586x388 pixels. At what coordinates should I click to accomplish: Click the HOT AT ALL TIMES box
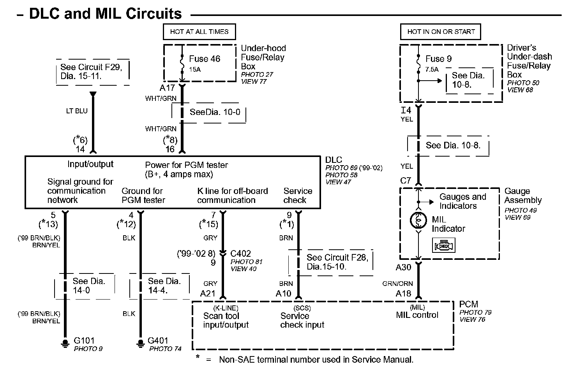[x=199, y=32]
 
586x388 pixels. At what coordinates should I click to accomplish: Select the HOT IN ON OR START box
[x=441, y=32]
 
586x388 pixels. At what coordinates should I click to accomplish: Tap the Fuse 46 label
[x=205, y=59]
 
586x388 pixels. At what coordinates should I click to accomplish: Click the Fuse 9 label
[x=438, y=59]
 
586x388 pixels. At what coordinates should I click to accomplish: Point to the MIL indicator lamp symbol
[x=418, y=220]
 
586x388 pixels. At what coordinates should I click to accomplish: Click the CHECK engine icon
[x=444, y=245]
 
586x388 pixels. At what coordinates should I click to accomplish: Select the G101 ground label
[x=84, y=341]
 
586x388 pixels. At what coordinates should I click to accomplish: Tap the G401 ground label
[x=158, y=341]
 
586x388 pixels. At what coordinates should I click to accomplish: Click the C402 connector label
[x=241, y=254]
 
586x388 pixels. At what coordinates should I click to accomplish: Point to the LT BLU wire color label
[x=77, y=111]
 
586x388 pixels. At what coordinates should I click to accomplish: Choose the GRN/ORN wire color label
[x=397, y=284]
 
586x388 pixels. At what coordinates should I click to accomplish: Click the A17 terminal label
[x=168, y=88]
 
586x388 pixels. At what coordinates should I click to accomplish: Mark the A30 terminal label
[x=403, y=268]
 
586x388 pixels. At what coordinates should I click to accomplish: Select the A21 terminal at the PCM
[x=208, y=294]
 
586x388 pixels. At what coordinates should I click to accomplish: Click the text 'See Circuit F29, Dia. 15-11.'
[x=91, y=72]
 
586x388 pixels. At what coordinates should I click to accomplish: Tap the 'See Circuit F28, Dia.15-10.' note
[x=337, y=262]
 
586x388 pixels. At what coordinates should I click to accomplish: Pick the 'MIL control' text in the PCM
[x=417, y=315]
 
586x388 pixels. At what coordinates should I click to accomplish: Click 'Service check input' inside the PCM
[x=302, y=320]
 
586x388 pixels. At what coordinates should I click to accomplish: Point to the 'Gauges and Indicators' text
[x=462, y=201]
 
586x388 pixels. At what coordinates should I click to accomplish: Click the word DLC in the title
[x=44, y=14]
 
